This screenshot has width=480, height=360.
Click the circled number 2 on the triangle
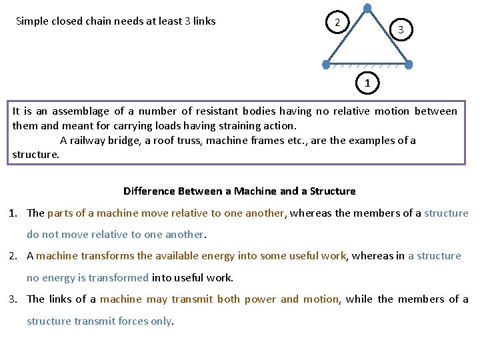pos(337,23)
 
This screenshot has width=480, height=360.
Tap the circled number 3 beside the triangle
pos(401,29)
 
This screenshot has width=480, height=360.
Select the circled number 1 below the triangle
pos(367,83)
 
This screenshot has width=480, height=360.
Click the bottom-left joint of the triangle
pos(326,65)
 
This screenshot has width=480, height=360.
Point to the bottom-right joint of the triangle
pos(409,65)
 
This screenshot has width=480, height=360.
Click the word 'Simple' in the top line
pos(32,21)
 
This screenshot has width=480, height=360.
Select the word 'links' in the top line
pos(203,21)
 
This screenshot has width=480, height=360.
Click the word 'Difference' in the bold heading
pos(149,191)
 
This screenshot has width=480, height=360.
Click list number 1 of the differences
pos(13,213)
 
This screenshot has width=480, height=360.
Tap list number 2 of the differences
pos(13,256)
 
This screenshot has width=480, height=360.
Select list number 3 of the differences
pos(13,299)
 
